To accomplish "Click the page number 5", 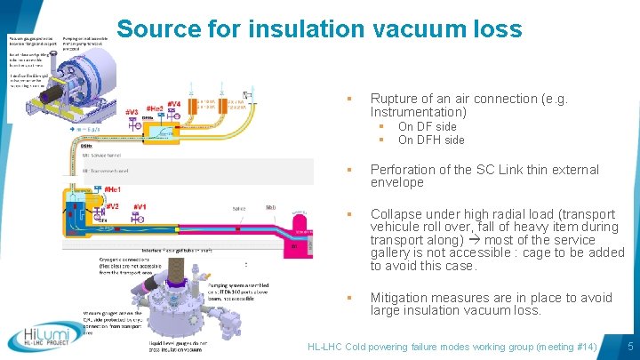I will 629,345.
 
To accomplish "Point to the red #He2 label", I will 154,108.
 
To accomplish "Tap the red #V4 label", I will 173,104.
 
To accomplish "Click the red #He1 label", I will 113,190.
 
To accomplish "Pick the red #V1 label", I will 139,206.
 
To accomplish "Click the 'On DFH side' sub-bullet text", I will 431,140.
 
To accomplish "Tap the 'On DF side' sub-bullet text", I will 427,126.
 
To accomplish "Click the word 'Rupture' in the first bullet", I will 394,99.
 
